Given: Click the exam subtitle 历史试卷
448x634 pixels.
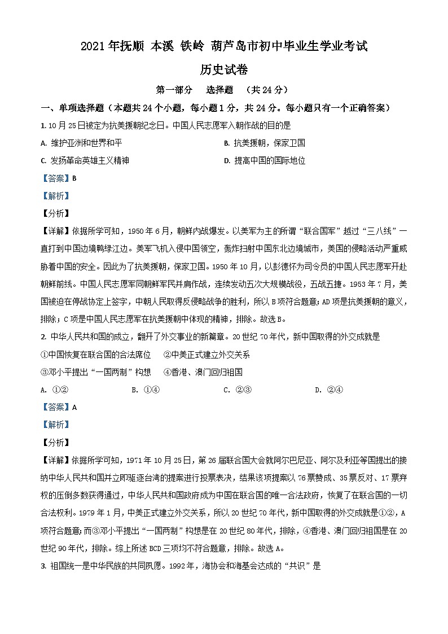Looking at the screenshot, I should [x=224, y=69].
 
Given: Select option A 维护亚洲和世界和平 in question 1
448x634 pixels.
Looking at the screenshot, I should [x=81, y=143].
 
